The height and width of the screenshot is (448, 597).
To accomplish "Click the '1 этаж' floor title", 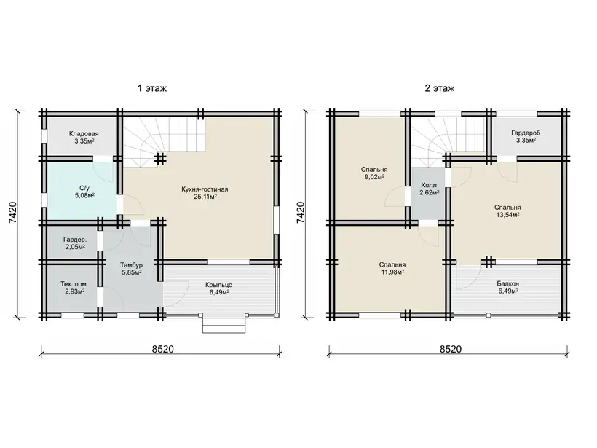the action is pyautogui.click(x=152, y=88).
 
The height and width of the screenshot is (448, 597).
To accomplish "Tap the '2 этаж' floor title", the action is pyautogui.click(x=439, y=88).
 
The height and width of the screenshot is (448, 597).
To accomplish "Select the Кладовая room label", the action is pyautogui.click(x=84, y=134).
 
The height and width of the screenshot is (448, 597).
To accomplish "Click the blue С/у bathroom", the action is pyautogui.click(x=82, y=191).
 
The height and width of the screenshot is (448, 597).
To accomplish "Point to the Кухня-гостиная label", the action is pyautogui.click(x=205, y=189).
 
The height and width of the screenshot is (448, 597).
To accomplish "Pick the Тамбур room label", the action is pyautogui.click(x=131, y=265).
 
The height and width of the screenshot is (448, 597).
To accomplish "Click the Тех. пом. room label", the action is pyautogui.click(x=74, y=284).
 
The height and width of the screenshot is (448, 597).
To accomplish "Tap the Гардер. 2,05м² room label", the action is pyautogui.click(x=75, y=243).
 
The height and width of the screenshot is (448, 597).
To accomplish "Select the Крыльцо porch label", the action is pyautogui.click(x=218, y=285).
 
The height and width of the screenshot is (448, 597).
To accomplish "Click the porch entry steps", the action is pyautogui.click(x=224, y=325).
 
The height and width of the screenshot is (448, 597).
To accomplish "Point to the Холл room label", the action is pyautogui.click(x=429, y=185).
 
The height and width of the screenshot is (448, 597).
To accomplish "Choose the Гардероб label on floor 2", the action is pyautogui.click(x=526, y=133).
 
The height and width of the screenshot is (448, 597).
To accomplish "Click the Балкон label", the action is pyautogui.click(x=508, y=284).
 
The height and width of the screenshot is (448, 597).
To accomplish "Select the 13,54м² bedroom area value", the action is pyautogui.click(x=508, y=215).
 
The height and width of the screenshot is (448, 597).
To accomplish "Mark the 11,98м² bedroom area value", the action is pyautogui.click(x=392, y=272).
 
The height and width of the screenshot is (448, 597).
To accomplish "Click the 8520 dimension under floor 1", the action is pyautogui.click(x=163, y=349).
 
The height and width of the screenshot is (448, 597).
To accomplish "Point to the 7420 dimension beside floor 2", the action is pyautogui.click(x=301, y=212).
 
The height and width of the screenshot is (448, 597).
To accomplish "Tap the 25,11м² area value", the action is pyautogui.click(x=205, y=197).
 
